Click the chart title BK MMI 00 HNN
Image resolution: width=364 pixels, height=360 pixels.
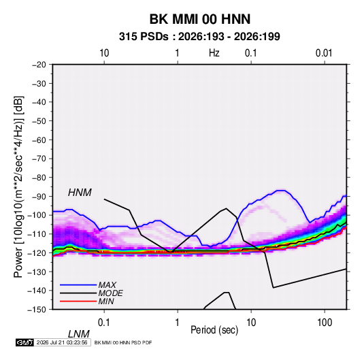(200, 19)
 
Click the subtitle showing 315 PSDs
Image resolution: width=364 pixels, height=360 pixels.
(199, 37)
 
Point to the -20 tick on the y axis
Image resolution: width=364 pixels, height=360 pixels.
(39, 65)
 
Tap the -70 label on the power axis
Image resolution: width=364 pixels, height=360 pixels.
(39, 159)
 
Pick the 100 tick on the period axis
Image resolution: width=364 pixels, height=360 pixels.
(325, 323)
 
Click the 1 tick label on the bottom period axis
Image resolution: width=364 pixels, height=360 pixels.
(178, 323)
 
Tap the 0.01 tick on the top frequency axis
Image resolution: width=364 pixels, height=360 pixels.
(324, 53)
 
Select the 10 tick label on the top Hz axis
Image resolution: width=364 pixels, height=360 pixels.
(104, 53)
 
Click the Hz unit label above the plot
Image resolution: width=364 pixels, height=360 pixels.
(214, 53)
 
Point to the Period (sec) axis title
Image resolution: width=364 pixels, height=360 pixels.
(214, 330)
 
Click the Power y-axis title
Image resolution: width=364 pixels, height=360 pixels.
(18, 186)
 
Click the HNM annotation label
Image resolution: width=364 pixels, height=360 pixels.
(80, 193)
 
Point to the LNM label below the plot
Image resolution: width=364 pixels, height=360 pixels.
(79, 334)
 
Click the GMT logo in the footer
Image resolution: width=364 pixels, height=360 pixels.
(24, 342)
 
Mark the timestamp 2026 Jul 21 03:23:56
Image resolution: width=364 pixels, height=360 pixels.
(62, 342)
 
